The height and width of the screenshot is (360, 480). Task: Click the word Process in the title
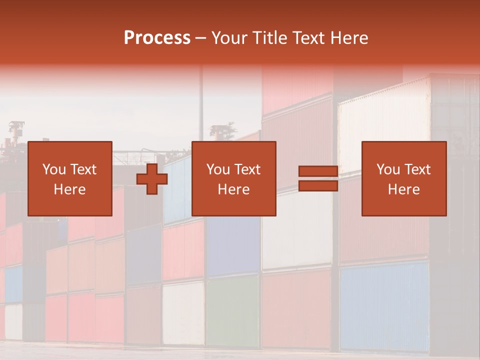157,38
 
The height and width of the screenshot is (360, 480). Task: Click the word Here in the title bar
349,38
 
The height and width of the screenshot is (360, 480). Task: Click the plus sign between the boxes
152,179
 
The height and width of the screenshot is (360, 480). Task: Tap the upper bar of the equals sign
318,171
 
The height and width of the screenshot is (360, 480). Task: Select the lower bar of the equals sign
318,186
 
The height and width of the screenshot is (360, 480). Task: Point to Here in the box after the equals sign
403,189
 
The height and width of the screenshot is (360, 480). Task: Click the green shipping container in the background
232,310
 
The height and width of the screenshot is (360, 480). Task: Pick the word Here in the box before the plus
69,189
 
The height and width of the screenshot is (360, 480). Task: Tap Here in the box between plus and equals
233,189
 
